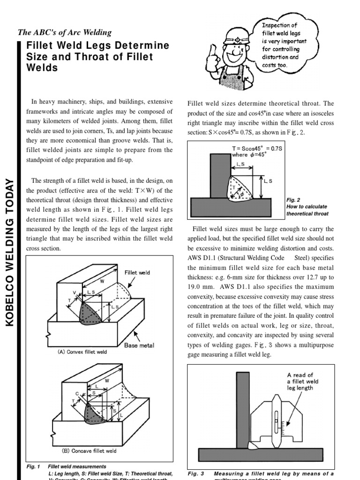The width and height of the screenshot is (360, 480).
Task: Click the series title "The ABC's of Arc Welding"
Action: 65,32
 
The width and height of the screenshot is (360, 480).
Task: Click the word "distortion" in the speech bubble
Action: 277,57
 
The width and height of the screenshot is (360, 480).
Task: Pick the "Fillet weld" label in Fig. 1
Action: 137,272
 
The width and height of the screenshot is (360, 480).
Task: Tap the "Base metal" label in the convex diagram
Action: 139,345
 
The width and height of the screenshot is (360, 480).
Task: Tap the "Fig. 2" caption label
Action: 292,200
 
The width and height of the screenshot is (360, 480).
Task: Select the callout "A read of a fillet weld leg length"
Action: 303,381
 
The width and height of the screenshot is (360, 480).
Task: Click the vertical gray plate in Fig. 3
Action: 243,408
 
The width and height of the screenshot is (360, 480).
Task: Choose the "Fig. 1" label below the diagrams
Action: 34,466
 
